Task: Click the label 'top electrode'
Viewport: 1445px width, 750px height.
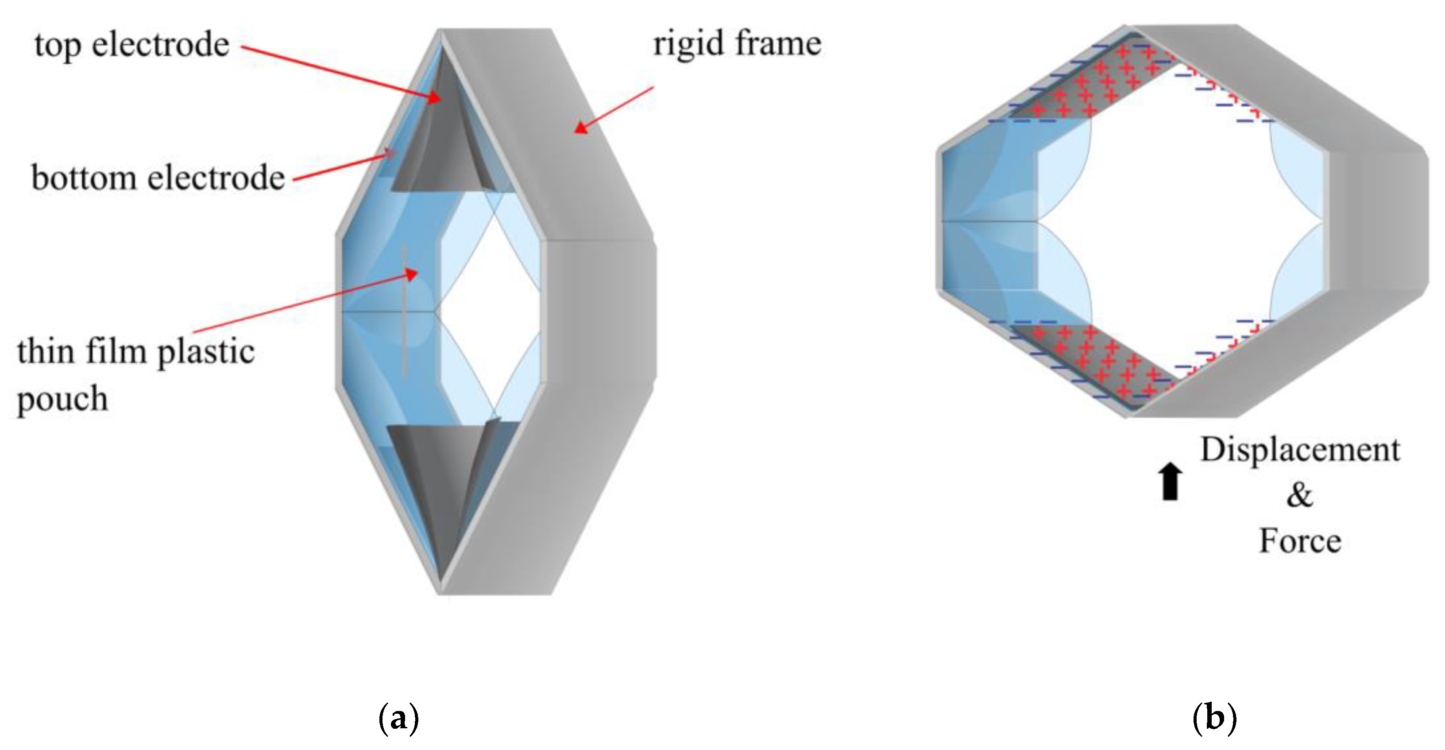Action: pos(132,45)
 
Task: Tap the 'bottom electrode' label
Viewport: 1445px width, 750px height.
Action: pos(158,178)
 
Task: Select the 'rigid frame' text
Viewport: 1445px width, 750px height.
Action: pos(737,43)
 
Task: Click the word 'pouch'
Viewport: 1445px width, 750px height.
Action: pos(62,399)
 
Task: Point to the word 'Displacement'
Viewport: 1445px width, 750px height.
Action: pos(1300,450)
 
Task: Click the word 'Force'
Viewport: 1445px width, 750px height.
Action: pos(1300,541)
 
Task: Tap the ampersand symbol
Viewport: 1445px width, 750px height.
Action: pos(1299,496)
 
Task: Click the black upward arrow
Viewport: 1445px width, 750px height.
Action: pos(1170,481)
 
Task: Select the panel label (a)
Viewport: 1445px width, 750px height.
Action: pos(398,718)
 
